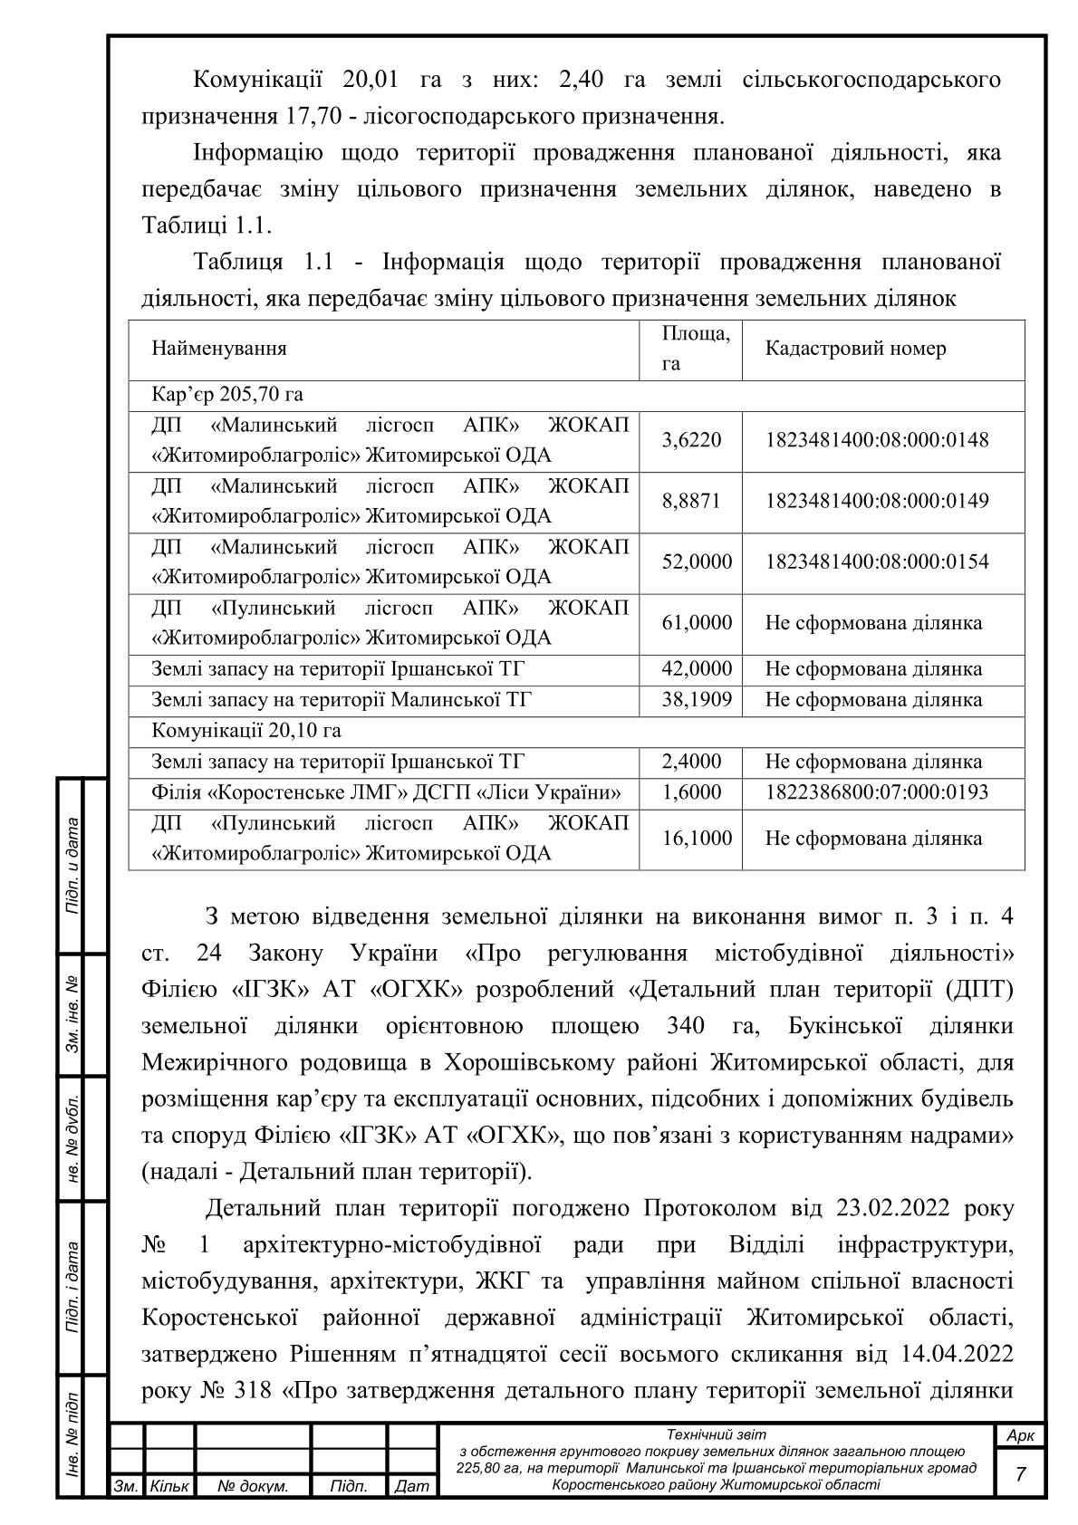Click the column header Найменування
pos(219,349)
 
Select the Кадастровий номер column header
pos(855,349)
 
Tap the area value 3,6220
pos(692,441)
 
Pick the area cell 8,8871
pos(692,501)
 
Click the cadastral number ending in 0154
pos(877,561)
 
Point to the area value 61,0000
pos(697,623)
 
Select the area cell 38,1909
pos(697,700)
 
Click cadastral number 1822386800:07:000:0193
pos(877,792)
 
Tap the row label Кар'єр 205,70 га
pos(227,395)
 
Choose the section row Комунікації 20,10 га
pos(246,730)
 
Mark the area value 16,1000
pos(697,839)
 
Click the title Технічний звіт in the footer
pos(716,1434)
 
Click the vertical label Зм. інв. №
pos(72,1015)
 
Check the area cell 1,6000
pos(692,792)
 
